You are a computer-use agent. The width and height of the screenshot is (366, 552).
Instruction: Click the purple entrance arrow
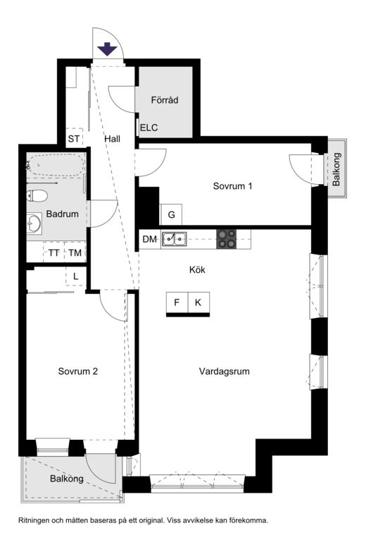107,49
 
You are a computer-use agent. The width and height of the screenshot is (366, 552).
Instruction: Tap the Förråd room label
165,100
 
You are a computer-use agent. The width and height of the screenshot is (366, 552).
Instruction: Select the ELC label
149,128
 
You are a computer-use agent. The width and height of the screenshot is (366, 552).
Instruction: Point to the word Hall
112,139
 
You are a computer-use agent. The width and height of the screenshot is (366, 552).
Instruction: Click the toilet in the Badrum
37,196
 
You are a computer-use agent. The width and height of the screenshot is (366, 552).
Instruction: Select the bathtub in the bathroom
56,165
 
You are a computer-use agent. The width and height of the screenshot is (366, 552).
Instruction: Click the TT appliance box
53,252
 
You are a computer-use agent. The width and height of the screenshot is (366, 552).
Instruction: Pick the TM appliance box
75,252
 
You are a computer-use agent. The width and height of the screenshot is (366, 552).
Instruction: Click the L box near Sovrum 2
76,276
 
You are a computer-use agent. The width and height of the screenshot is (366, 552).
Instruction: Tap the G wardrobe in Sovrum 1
171,214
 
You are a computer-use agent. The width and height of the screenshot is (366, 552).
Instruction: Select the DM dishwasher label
149,240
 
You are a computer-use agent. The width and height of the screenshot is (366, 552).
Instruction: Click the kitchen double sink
174,240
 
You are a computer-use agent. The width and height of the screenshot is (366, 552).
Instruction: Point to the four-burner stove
226,239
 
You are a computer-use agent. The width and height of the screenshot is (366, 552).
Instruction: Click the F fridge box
177,302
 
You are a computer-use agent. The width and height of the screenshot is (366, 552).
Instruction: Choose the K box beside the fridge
198,302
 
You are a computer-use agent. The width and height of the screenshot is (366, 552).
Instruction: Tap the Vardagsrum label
225,371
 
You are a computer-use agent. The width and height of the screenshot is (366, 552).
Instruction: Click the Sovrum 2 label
77,371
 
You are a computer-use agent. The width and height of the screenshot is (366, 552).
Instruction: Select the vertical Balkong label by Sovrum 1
336,169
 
